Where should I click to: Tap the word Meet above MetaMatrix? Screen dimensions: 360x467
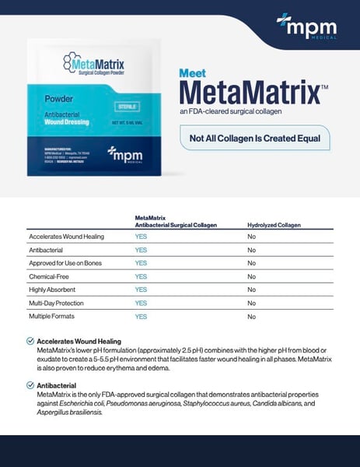193,73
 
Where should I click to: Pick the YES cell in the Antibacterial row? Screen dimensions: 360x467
141,250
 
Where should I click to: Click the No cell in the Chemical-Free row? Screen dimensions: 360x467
251,276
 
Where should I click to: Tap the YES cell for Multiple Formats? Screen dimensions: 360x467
141,317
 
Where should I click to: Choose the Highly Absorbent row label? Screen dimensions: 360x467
54,290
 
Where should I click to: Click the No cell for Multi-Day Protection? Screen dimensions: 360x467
251,303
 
